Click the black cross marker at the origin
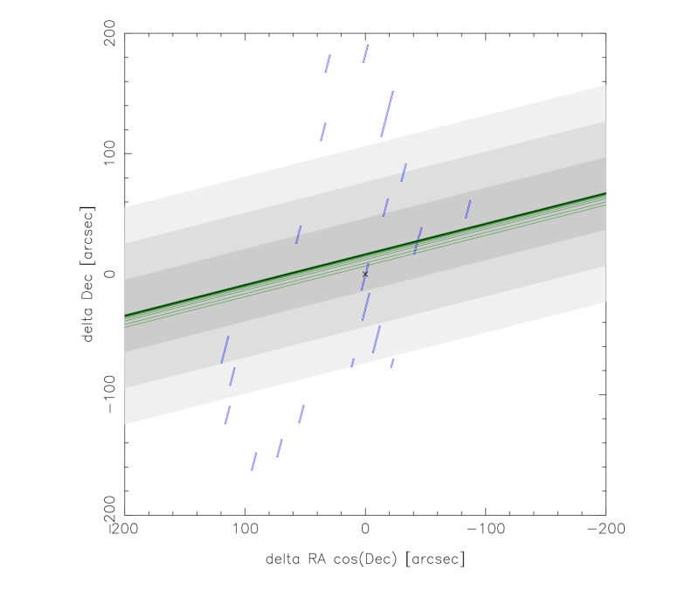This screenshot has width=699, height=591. [365, 275]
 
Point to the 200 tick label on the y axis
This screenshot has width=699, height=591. [108, 33]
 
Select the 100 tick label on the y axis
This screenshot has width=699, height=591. [108, 154]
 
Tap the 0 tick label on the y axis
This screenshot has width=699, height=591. [108, 275]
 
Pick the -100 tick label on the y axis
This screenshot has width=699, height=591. [108, 395]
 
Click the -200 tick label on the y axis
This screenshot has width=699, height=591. [108, 516]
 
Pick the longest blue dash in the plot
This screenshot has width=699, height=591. [387, 114]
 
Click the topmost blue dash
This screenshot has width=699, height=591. [366, 54]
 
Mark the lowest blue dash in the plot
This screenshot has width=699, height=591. [254, 462]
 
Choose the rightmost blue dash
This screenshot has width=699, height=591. [468, 209]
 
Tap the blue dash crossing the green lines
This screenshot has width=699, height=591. [418, 241]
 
